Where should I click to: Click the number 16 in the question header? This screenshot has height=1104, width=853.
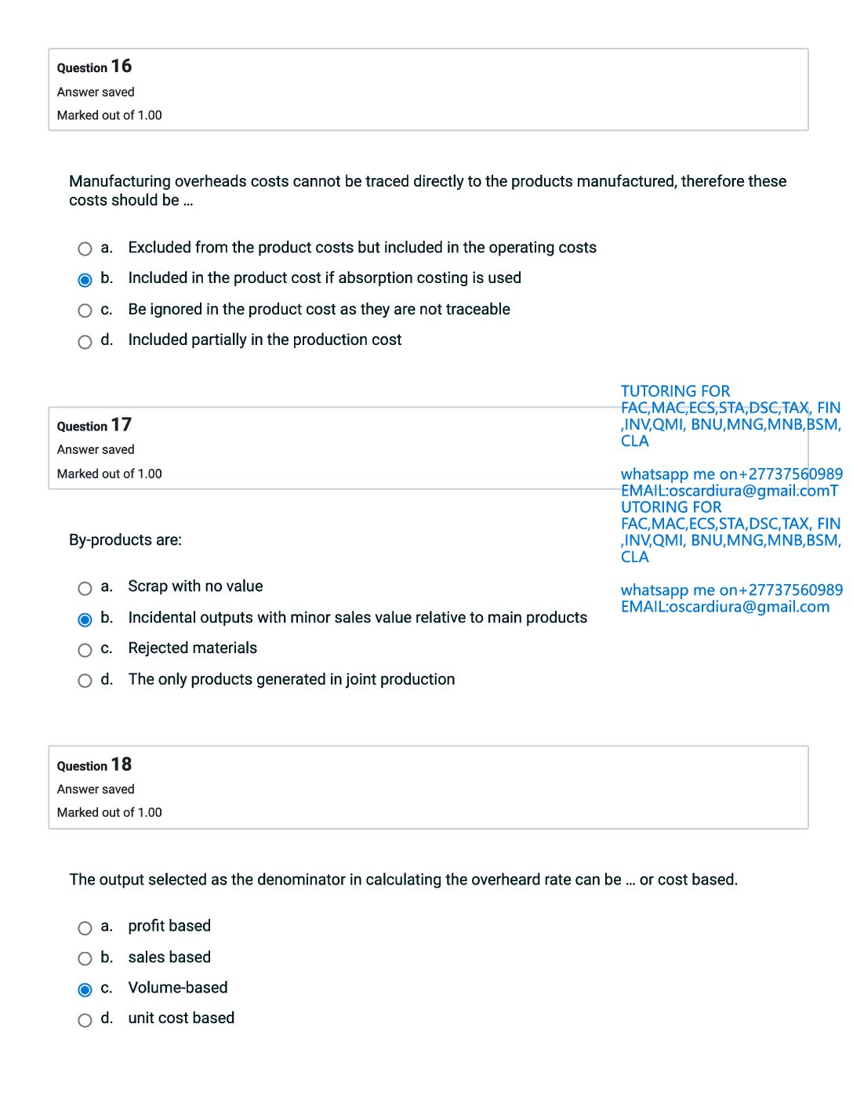click(x=122, y=67)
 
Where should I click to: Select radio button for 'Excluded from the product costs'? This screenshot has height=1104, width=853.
click(x=85, y=249)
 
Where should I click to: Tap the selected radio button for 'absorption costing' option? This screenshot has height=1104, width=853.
click(x=85, y=280)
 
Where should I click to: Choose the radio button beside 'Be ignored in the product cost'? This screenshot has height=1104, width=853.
click(x=85, y=310)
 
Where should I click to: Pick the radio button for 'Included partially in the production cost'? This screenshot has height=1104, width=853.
click(x=85, y=342)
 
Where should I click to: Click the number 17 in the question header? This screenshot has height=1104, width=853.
click(x=122, y=425)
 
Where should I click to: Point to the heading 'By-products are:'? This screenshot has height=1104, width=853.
click(x=125, y=540)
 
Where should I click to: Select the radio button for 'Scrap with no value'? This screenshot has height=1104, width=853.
click(x=85, y=588)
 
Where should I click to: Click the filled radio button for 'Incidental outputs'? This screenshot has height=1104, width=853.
click(x=85, y=619)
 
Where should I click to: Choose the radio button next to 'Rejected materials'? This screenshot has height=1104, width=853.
click(x=85, y=650)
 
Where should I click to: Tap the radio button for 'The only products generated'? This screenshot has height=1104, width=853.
click(x=85, y=681)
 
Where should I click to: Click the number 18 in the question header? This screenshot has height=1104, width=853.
click(x=122, y=764)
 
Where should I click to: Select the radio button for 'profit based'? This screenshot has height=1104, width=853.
click(x=85, y=928)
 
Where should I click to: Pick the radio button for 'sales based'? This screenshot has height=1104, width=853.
click(x=85, y=959)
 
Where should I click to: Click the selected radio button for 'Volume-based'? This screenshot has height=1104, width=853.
click(x=85, y=990)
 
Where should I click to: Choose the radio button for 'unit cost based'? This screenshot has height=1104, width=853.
click(x=85, y=1020)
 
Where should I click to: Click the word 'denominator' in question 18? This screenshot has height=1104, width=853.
click(x=303, y=880)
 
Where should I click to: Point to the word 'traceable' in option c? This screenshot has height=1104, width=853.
click(x=477, y=310)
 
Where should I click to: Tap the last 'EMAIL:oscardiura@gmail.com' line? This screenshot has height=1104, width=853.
click(x=724, y=607)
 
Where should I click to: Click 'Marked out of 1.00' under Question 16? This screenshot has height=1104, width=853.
click(x=110, y=115)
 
